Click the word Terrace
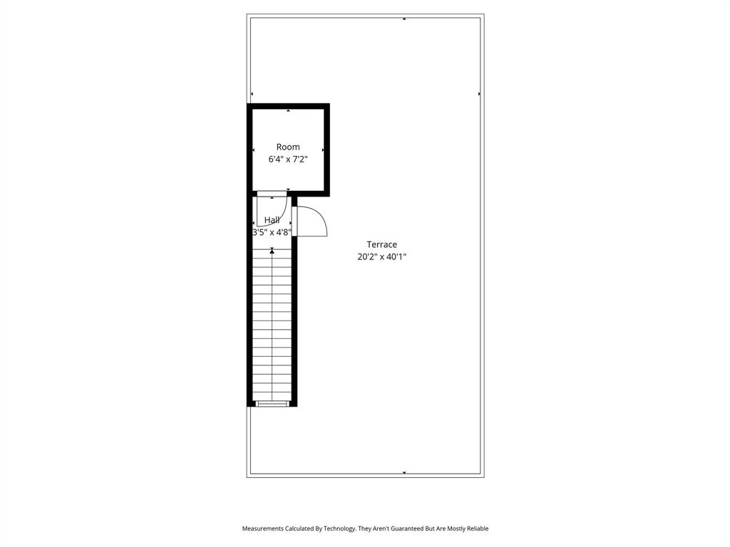(x=381, y=244)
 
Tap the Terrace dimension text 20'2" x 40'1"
(x=381, y=257)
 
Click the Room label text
(x=288, y=147)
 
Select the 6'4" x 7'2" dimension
(x=288, y=160)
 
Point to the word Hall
(x=272, y=220)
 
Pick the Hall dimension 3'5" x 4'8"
(x=272, y=232)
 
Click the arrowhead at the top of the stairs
(x=272, y=250)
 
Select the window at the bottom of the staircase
(x=272, y=404)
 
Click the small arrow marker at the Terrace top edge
(x=404, y=19)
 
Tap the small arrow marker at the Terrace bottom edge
(x=404, y=473)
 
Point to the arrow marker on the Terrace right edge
(x=479, y=93)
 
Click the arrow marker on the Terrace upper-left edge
(x=252, y=93)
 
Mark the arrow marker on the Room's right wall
(x=323, y=150)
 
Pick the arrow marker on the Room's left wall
(x=254, y=150)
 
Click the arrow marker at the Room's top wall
(x=288, y=111)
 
